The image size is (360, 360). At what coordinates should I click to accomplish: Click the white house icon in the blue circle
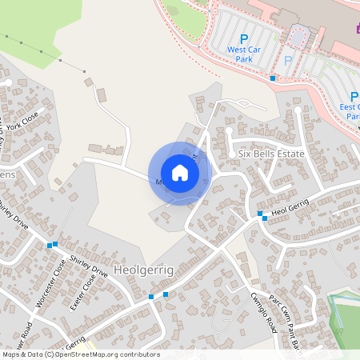tap(180, 173)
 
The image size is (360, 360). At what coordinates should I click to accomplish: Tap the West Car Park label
tap(245, 54)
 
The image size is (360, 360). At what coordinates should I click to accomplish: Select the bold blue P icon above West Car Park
tap(245, 38)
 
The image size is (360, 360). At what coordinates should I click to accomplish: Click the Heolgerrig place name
tap(144, 270)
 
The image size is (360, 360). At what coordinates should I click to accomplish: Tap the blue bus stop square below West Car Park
tap(273, 78)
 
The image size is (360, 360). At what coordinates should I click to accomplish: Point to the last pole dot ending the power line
tap(84, 71)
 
